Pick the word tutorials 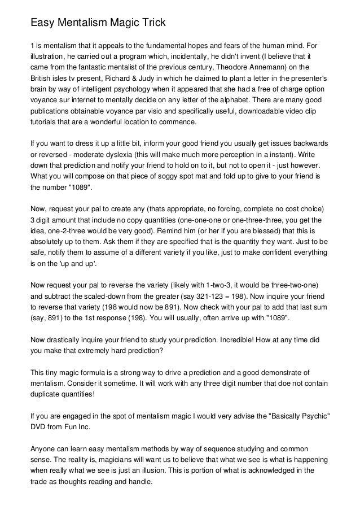tap(45, 122)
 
